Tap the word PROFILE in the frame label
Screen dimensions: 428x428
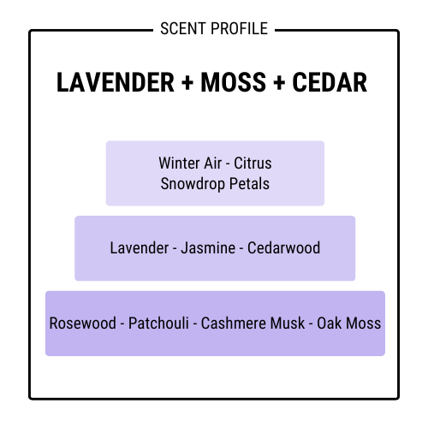pyautogui.click(x=240, y=28)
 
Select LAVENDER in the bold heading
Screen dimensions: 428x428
pyautogui.click(x=116, y=82)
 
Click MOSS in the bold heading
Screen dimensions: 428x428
pyautogui.click(x=234, y=82)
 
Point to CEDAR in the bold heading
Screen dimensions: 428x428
pyautogui.click(x=330, y=82)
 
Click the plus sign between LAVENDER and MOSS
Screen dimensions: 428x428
pyautogui.click(x=187, y=82)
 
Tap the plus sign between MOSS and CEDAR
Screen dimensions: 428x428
pyautogui.click(x=279, y=82)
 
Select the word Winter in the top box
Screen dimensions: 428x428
pyautogui.click(x=175, y=163)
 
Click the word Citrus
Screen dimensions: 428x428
pyautogui.click(x=253, y=163)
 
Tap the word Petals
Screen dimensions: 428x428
pyautogui.click(x=249, y=183)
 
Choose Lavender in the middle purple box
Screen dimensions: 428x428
pyautogui.click(x=140, y=247)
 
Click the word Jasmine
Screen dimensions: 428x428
pyautogui.click(x=208, y=247)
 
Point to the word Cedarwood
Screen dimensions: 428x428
pyautogui.click(x=283, y=247)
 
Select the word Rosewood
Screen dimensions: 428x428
pyautogui.click(x=83, y=323)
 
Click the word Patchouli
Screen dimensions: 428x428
pyautogui.click(x=158, y=323)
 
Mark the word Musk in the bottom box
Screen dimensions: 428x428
pyautogui.click(x=288, y=323)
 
